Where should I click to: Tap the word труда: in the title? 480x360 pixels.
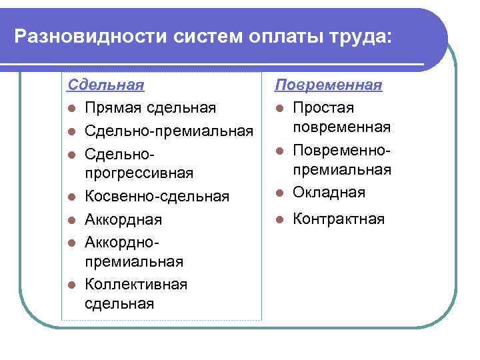[356, 35]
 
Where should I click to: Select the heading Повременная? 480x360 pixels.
[329, 85]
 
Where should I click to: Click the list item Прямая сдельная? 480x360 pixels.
[151, 108]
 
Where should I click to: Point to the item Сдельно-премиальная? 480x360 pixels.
[169, 129]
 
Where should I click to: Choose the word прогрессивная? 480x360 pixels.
[139, 173]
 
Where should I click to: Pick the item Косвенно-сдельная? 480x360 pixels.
[157, 196]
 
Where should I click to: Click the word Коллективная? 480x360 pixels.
[136, 284]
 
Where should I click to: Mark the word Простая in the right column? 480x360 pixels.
[323, 108]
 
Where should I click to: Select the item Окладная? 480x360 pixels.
[329, 192]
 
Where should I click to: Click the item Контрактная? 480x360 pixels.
[339, 219]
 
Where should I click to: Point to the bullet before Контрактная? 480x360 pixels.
[281, 219]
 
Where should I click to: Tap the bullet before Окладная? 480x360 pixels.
[281, 193]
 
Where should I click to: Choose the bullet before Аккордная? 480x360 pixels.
[72, 219]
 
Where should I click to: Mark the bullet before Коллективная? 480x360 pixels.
[72, 285]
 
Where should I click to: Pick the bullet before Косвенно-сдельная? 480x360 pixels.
[72, 197]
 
